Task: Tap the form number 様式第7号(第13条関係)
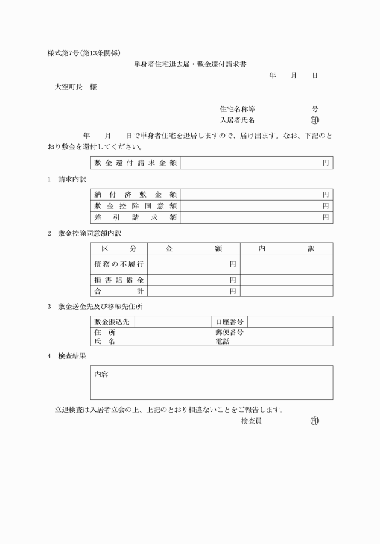[88, 53]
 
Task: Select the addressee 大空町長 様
[76, 87]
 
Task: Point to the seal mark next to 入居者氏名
[315, 120]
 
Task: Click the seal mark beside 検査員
[315, 421]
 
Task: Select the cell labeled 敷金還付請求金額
[136, 163]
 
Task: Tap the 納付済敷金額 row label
[136, 195]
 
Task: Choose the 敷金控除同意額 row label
[136, 206]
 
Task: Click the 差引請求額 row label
[136, 217]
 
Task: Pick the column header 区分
[119, 248]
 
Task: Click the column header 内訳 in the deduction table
[287, 248]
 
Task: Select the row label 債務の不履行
[119, 264]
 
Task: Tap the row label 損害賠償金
[119, 280]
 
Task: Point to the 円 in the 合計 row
[232, 292]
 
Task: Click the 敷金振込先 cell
[113, 322]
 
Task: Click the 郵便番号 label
[229, 333]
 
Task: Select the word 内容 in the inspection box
[101, 374]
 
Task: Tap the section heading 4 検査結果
[67, 356]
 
